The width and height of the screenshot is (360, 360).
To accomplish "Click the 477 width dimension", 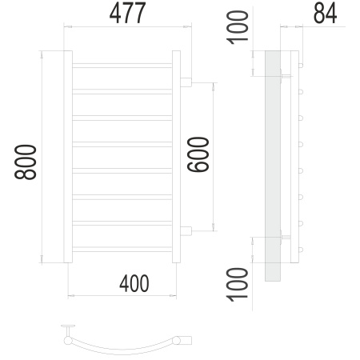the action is pyautogui.click(x=127, y=13).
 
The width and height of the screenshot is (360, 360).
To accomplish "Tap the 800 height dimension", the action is pyautogui.click(x=26, y=162).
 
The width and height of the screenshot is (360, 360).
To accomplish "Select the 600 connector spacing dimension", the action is pyautogui.click(x=198, y=154).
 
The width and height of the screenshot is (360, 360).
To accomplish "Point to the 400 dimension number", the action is pyautogui.click(x=134, y=283).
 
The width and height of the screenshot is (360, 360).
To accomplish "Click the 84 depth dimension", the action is pyautogui.click(x=325, y=14).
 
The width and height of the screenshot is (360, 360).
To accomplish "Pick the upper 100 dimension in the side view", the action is pyautogui.click(x=238, y=27).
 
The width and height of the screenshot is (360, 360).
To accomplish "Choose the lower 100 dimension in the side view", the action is pyautogui.click(x=238, y=285).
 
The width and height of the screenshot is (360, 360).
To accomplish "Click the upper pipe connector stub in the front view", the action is pyautogui.click(x=186, y=82).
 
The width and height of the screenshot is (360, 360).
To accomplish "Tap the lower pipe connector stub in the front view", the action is pyautogui.click(x=186, y=231).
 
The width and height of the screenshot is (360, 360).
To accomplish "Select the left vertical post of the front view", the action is pyautogui.click(x=68, y=157).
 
